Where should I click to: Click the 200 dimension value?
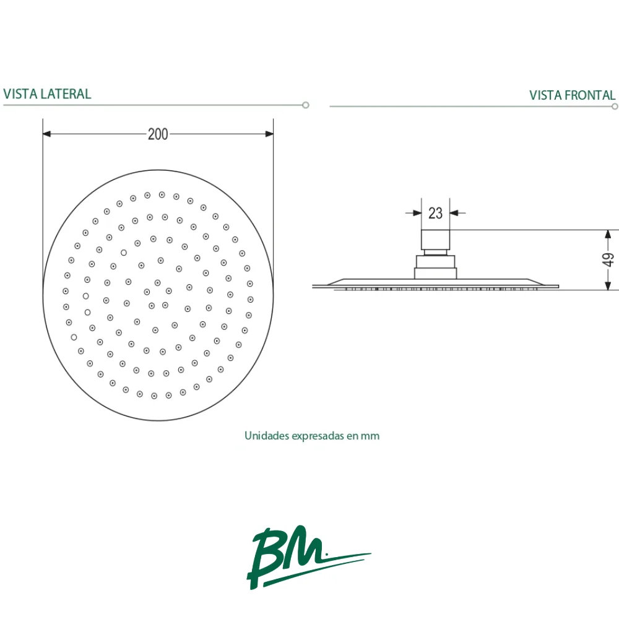tap(158, 134)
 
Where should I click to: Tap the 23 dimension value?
tap(435, 213)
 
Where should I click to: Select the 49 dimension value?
tap(608, 260)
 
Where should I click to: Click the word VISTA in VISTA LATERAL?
tap(20, 94)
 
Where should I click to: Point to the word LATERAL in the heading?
tap(66, 94)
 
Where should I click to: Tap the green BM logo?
tap(308, 557)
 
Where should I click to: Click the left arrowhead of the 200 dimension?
tap(46, 134)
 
